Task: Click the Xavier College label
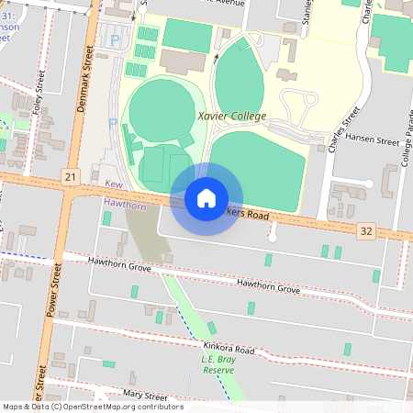click(231, 117)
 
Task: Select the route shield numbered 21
click(70, 174)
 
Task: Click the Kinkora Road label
click(229, 350)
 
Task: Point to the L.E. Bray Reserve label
click(218, 364)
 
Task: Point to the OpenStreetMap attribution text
click(92, 407)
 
